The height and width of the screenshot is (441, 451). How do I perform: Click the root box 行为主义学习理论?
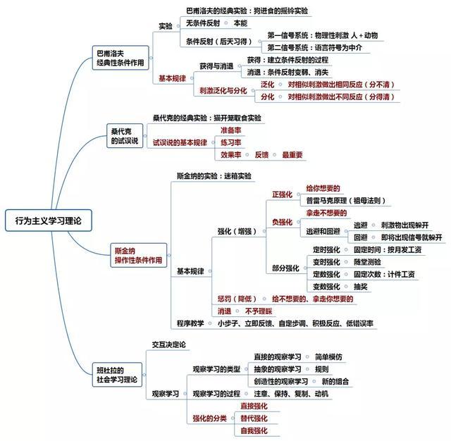(x=49, y=220)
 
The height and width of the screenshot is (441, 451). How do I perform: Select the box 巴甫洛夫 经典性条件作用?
(x=121, y=58)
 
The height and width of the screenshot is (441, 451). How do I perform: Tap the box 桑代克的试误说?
(x=125, y=136)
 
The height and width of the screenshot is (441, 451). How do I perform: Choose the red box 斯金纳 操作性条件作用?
(x=139, y=255)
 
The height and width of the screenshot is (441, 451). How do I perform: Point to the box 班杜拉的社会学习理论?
(x=117, y=375)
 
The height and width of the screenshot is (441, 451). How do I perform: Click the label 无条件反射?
(x=203, y=23)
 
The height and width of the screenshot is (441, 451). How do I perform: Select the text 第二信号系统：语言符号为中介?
(x=315, y=47)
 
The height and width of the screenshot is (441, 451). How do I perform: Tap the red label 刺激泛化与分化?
(x=223, y=91)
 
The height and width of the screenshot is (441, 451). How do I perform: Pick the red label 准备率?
(x=230, y=130)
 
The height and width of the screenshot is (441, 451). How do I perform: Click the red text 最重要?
(x=292, y=155)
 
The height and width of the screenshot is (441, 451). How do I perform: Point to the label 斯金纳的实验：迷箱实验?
(x=214, y=176)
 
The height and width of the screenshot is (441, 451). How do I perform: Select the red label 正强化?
(x=282, y=194)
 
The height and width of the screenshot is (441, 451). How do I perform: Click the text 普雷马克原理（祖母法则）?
(x=346, y=200)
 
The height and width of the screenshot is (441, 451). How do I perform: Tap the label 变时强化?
(x=326, y=262)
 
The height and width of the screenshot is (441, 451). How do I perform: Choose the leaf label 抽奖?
(x=361, y=286)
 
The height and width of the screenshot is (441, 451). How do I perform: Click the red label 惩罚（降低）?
(x=237, y=299)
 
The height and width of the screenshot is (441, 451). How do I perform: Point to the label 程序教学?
(x=190, y=323)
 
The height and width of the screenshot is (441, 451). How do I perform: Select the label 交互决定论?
(x=169, y=344)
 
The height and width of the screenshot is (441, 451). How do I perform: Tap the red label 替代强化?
(x=254, y=418)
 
